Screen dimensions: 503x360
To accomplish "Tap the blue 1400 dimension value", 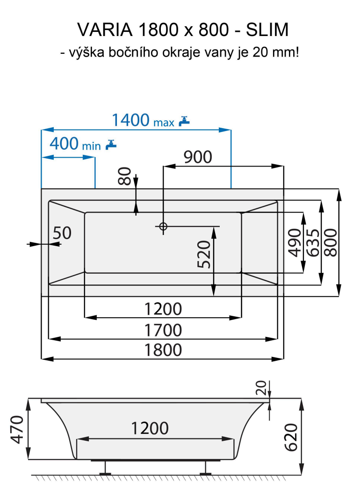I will click(x=130, y=120).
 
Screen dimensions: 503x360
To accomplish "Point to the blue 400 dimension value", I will click(x=64, y=143).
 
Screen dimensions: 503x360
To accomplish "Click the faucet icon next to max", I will click(x=185, y=121).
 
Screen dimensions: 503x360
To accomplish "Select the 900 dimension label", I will click(x=197, y=157).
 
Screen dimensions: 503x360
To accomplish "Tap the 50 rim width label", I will click(x=62, y=233).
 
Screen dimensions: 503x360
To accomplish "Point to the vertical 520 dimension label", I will click(x=204, y=255).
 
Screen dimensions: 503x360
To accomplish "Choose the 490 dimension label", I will click(x=295, y=242).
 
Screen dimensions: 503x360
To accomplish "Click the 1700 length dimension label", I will click(x=163, y=330).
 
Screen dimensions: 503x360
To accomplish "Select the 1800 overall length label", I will click(x=163, y=350).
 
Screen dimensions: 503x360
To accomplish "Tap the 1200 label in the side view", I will click(x=150, y=428).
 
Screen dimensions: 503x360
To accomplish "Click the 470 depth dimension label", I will click(x=16, y=429).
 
